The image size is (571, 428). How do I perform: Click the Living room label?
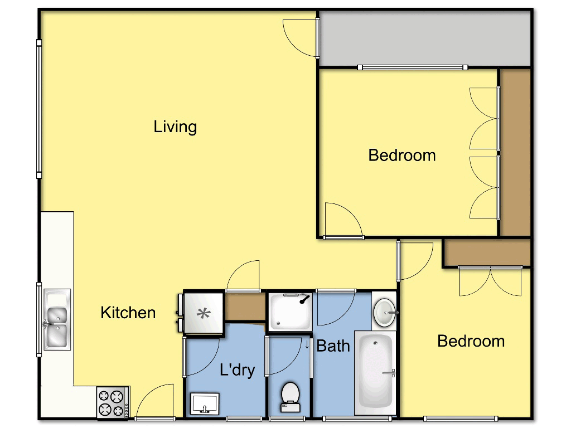[175, 127]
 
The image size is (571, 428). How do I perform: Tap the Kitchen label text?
[128, 313]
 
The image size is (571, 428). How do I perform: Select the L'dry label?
[237, 369]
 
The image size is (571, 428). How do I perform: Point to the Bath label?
[333, 346]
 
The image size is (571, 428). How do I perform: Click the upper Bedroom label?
[401, 155]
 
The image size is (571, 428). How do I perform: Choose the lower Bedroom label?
[471, 341]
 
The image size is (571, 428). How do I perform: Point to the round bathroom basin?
[383, 313]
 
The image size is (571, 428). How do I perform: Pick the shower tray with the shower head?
[290, 312]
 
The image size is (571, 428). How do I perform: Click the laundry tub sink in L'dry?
[205, 402]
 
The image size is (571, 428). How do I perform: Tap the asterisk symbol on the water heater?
[203, 313]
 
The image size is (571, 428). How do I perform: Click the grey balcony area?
[424, 38]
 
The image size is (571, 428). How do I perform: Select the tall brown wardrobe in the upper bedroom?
[515, 152]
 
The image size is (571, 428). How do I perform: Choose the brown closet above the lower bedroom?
[486, 253]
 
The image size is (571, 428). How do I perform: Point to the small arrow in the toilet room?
[307, 344]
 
